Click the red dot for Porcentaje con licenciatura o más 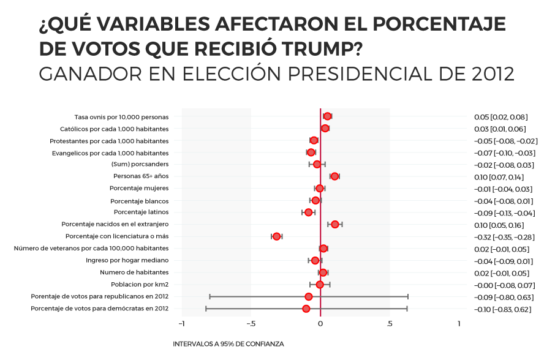pyautogui.click(x=276, y=236)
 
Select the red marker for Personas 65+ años pyautogui.click(x=334, y=176)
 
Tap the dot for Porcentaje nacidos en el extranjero pyautogui.click(x=334, y=225)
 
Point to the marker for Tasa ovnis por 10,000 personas pyautogui.click(x=327, y=116)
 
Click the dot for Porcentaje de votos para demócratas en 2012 pyautogui.click(x=306, y=309)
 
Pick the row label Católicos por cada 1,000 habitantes pyautogui.click(x=114, y=129)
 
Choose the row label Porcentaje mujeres pyautogui.click(x=139, y=189)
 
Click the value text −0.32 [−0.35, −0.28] pyautogui.click(x=504, y=237)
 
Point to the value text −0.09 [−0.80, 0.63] pyautogui.click(x=504, y=298)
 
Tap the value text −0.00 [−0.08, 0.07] pyautogui.click(x=504, y=285)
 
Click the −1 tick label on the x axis pyautogui.click(x=181, y=323)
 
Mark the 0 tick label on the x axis pyautogui.click(x=320, y=323)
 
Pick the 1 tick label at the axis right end pyautogui.click(x=459, y=323)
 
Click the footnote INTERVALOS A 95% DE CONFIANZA pyautogui.click(x=228, y=344)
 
